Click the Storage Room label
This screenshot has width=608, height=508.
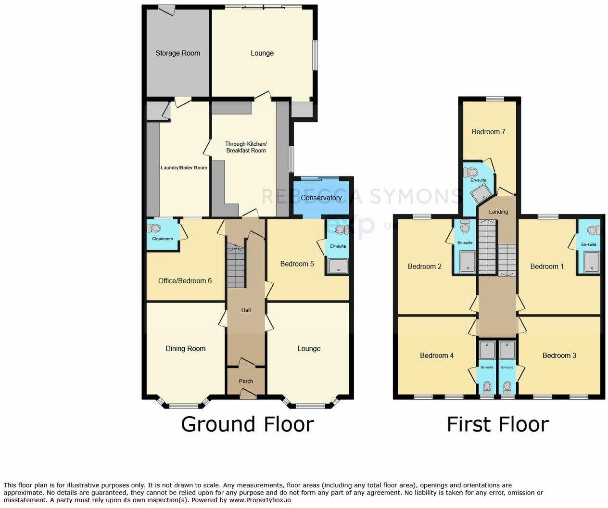(177, 53)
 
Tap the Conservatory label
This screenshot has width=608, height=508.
(321, 198)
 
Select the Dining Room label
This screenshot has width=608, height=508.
(185, 349)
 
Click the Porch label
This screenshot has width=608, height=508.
(246, 381)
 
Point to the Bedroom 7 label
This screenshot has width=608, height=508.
(488, 132)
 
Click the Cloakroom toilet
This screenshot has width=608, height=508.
(154, 228)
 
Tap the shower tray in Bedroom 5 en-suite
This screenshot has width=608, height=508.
(338, 265)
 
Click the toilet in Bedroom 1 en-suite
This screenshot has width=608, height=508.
(593, 230)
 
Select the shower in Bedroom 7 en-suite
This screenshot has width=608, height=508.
(479, 194)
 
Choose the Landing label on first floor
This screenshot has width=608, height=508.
(498, 212)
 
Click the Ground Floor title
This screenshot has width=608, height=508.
(247, 424)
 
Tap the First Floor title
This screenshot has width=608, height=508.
(497, 424)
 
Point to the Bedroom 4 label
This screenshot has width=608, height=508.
(437, 356)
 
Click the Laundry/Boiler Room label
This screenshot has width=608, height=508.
(184, 168)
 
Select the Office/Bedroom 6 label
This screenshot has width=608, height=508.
(185, 281)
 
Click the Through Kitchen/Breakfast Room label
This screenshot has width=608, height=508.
(246, 147)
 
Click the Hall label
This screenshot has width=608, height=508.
(246, 310)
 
